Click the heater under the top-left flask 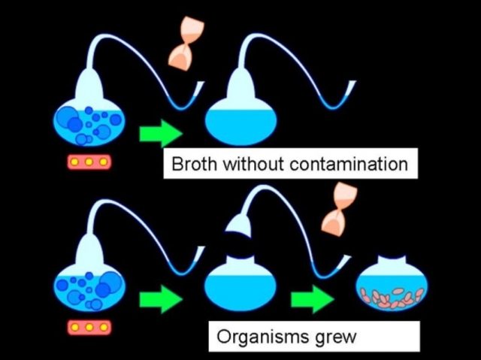(89, 162)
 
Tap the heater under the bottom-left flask (89, 327)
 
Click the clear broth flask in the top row (240, 124)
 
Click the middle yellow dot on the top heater (89, 162)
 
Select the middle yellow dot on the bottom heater (89, 327)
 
